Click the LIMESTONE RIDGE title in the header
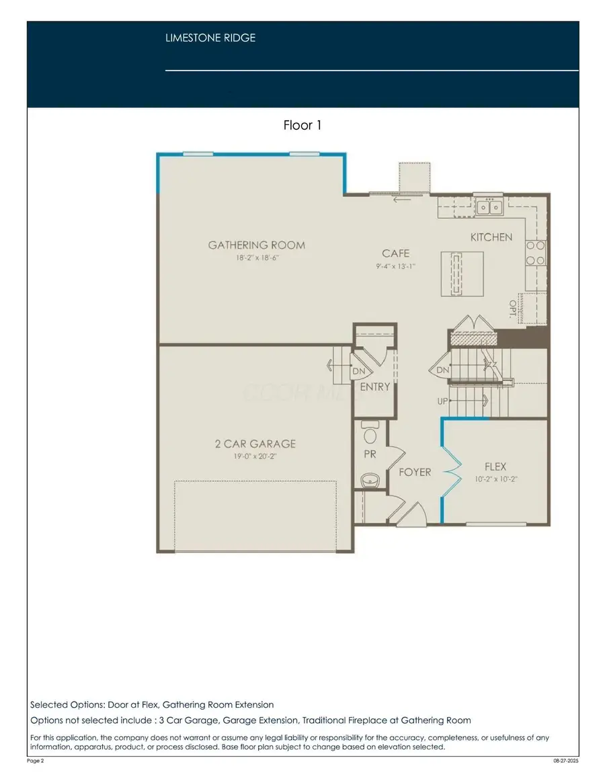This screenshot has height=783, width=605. point(210,38)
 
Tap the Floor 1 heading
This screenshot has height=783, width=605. point(302,125)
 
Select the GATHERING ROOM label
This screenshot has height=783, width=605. point(256,245)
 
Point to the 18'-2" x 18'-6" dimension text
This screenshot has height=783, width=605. point(256,258)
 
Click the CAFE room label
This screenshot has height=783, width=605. point(395,253)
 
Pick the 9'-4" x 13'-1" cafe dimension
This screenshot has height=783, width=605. point(395,266)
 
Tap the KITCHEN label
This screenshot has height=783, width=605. point(491,237)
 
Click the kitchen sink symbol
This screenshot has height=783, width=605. point(489,208)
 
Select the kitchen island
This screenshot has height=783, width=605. point(461,273)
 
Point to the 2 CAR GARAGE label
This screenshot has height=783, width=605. point(255,444)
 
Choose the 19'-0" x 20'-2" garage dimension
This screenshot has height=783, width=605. point(255,457)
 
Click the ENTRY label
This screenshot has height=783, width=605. point(374,386)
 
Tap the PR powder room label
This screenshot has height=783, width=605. point(370,454)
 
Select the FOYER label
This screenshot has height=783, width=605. point(415,472)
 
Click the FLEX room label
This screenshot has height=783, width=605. point(495,466)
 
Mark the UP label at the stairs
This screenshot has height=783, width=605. point(442,401)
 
